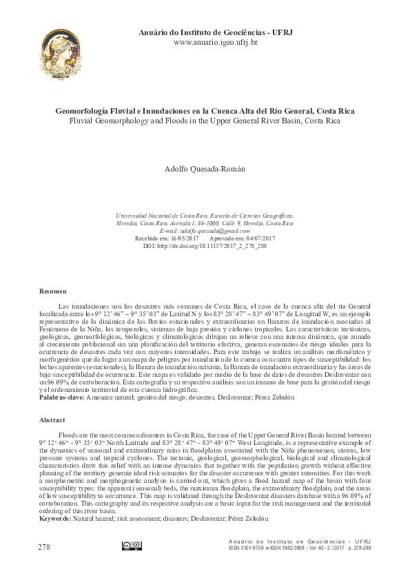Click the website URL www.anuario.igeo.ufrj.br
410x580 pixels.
click(x=215, y=42)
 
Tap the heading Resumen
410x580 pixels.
click(x=54, y=293)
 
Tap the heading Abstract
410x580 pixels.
click(x=52, y=419)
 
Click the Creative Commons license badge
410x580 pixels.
click(x=132, y=546)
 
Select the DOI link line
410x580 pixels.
click(x=205, y=245)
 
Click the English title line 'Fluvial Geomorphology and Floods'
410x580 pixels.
click(x=205, y=119)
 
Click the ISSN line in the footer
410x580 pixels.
click(x=300, y=548)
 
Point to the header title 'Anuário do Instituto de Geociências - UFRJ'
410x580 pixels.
click(x=215, y=32)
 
